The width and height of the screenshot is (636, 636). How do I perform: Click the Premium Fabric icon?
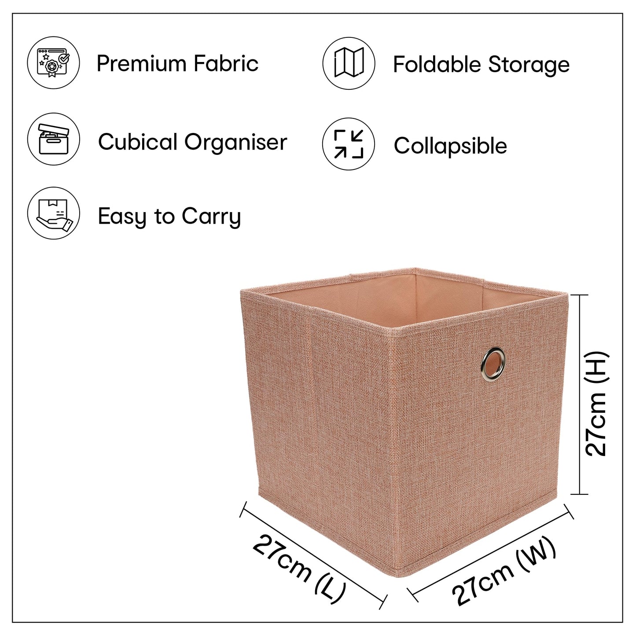coord(53,62)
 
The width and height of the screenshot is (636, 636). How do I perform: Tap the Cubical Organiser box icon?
coord(53,139)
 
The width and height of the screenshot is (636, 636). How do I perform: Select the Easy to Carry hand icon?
coord(53,213)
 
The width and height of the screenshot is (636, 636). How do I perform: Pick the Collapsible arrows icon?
coord(349,144)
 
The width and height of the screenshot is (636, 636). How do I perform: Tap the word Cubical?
coord(138,142)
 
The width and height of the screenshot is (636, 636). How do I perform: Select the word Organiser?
coord(235,143)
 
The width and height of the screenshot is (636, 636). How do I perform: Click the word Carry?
coord(211,217)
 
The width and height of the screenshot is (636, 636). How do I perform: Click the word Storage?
coord(529,65)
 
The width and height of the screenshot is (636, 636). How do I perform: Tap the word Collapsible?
coord(451,145)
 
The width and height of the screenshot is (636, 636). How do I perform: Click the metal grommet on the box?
coord(493,364)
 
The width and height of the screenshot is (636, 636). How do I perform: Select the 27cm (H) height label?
coord(596,404)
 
